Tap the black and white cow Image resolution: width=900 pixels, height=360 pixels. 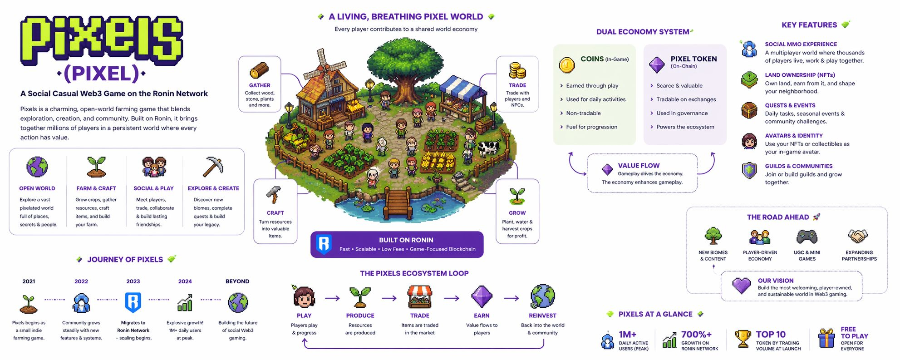click(x=488, y=148)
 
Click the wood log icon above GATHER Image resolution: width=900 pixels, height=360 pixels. click(x=260, y=70)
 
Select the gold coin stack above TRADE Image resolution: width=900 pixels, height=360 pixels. click(x=517, y=70)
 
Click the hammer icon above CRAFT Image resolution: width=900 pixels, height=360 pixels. click(x=274, y=196)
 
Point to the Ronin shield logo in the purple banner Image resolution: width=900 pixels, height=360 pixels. click(x=324, y=244)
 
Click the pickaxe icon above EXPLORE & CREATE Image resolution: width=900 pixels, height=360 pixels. click(x=212, y=167)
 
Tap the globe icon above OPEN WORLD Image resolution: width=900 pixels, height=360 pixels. click(x=37, y=167)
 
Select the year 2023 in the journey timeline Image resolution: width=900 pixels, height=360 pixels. click(x=133, y=281)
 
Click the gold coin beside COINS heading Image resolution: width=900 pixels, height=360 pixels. click(x=566, y=65)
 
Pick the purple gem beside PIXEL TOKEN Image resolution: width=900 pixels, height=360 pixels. click(x=657, y=65)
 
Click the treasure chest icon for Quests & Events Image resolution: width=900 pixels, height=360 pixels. click(x=749, y=110)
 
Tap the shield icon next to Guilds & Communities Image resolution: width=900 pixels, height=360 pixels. click(x=749, y=171)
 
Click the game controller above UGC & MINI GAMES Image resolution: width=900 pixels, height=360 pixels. click(x=807, y=237)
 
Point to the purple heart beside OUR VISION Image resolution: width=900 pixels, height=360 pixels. click(x=742, y=286)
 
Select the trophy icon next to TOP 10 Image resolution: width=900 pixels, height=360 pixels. click(x=743, y=339)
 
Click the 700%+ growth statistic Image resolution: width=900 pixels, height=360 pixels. click(x=696, y=335)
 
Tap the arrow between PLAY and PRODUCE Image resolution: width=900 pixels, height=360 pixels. click(x=332, y=298)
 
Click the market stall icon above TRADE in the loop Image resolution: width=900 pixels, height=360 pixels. click(x=419, y=297)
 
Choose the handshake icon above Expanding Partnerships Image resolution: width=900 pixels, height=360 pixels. click(x=858, y=236)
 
